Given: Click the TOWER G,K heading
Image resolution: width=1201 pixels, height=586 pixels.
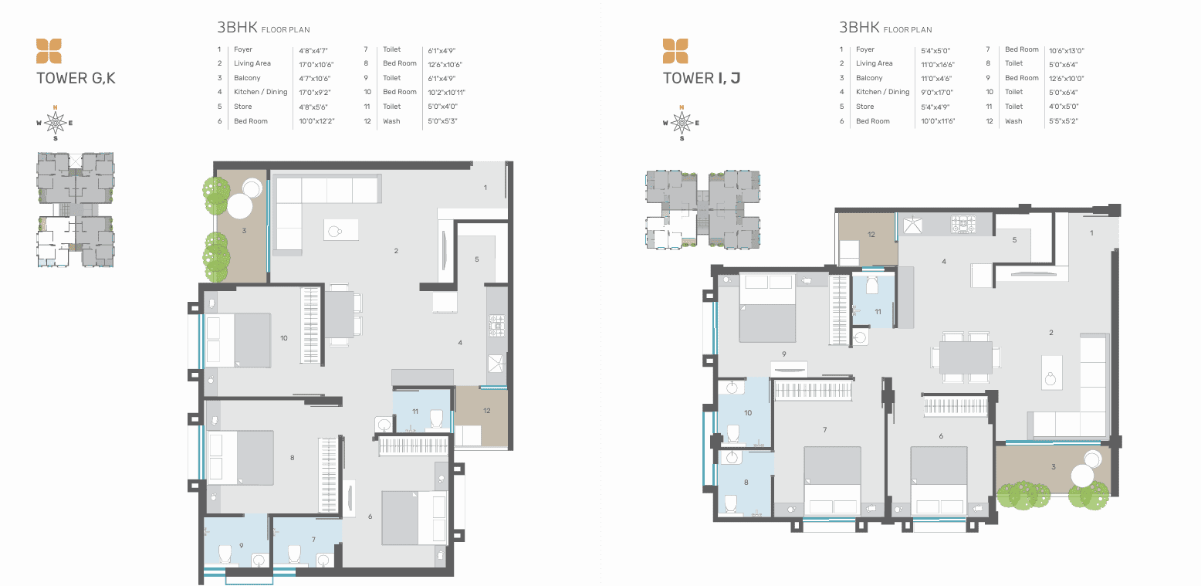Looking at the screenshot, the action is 76,78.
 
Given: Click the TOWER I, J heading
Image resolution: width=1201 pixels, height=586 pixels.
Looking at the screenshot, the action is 702,78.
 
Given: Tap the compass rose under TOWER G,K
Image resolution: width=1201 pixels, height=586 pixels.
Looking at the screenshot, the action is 56,123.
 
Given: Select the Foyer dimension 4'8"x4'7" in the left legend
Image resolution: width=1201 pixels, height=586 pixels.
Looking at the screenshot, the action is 313,50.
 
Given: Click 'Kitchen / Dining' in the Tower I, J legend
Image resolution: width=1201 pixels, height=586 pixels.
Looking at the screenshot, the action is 882,92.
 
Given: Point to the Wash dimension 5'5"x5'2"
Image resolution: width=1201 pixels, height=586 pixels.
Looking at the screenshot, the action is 1063,121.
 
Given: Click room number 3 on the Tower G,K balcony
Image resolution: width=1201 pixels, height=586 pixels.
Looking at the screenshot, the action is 244,231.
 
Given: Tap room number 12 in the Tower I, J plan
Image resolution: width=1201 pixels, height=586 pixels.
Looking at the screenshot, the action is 871,234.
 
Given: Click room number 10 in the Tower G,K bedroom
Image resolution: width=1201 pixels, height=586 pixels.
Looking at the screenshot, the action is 283,337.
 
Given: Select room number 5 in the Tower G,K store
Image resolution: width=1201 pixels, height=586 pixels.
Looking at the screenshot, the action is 477,259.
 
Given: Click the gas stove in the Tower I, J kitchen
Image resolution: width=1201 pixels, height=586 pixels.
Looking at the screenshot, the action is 963,224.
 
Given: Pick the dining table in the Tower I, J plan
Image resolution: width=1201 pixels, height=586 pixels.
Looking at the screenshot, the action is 966,357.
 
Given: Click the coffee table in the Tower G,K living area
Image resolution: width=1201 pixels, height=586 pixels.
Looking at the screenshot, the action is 341,230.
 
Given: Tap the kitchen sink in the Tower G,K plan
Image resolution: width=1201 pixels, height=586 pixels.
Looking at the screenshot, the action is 496,364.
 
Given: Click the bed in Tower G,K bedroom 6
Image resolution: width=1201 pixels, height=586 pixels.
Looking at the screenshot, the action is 414,518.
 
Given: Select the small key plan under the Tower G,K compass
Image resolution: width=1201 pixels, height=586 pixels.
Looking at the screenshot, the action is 75,210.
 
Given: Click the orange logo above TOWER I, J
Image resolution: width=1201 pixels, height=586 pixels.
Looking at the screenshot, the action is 675,51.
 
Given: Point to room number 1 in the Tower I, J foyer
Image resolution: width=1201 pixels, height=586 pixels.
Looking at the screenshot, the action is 1091,232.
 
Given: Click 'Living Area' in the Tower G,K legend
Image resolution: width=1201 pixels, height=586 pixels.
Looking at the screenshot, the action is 252,63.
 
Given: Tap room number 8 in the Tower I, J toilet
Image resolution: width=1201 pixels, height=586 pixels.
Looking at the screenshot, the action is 746,482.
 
